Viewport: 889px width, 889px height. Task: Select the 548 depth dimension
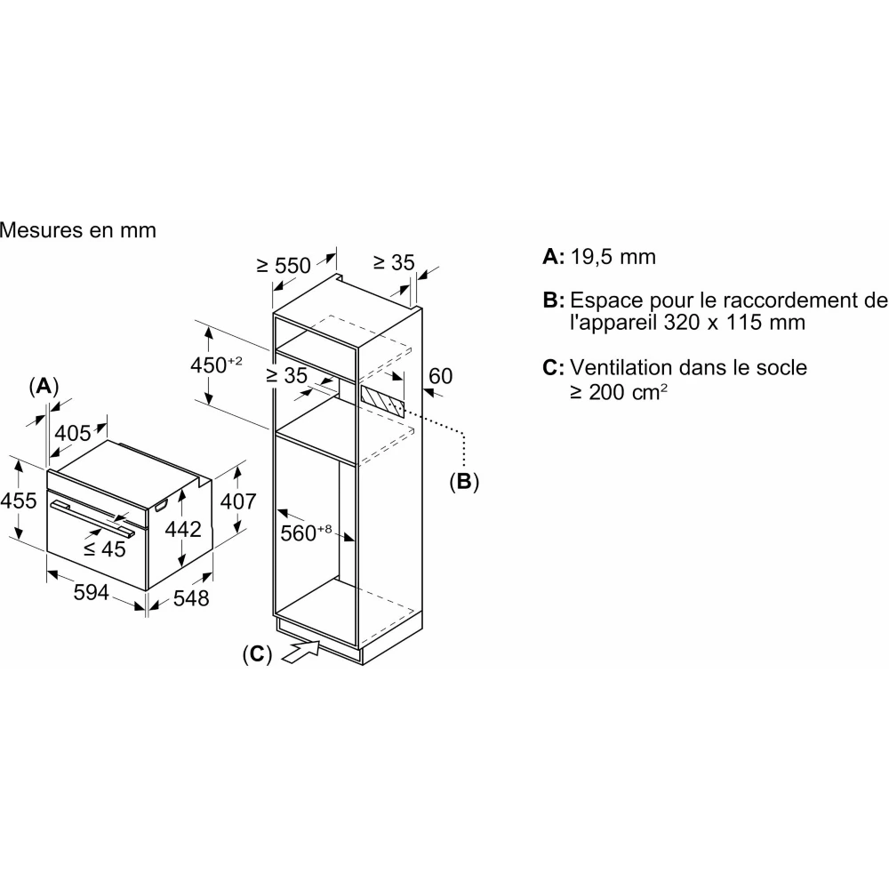(190, 598)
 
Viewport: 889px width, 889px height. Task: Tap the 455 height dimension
(19, 501)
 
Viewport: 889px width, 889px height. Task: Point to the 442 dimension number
(184, 529)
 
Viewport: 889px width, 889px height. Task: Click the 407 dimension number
(237, 501)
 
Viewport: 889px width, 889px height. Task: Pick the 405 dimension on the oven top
(73, 433)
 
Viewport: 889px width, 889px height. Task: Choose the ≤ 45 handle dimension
(105, 549)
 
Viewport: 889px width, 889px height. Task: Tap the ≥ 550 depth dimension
(284, 265)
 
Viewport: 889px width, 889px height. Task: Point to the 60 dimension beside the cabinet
(440, 376)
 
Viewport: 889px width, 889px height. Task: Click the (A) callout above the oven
(44, 386)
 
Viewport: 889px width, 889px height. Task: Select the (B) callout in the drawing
(463, 482)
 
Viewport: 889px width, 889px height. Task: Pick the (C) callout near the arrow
(256, 653)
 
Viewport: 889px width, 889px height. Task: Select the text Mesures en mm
(78, 230)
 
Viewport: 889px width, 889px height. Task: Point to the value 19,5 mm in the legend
(613, 257)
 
